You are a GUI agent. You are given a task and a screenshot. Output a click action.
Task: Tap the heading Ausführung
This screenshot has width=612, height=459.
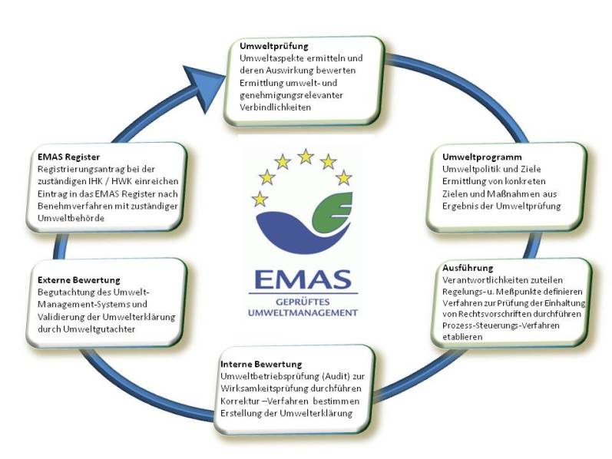[x=467, y=268]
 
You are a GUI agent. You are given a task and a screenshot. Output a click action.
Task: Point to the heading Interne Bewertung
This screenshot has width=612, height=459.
[x=261, y=363]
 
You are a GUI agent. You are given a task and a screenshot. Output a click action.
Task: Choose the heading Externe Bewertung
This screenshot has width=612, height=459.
[x=79, y=280]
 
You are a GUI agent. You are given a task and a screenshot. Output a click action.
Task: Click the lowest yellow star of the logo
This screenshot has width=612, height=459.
[x=260, y=200]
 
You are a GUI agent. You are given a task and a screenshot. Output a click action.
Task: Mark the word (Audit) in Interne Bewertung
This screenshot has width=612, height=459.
[x=322, y=376]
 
